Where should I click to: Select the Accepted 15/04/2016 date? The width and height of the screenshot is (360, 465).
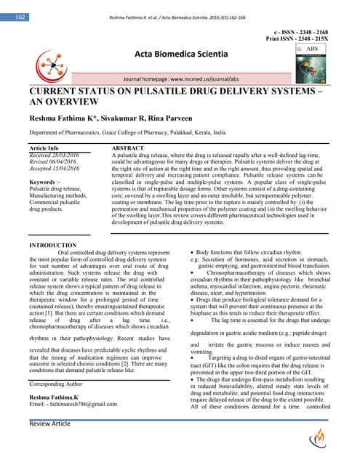[65, 169]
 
